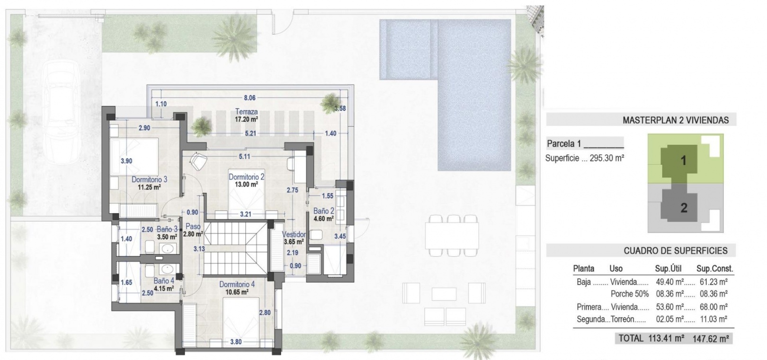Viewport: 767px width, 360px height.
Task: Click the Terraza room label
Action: pyautogui.click(x=247, y=112)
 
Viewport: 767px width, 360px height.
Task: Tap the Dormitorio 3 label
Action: pyautogui.click(x=149, y=180)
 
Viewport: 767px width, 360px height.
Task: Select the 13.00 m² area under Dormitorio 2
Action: pyautogui.click(x=246, y=185)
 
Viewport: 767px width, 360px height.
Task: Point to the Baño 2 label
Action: pyautogui.click(x=323, y=211)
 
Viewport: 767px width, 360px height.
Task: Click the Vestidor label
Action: pyautogui.click(x=294, y=234)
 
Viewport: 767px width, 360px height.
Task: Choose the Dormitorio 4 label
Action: pyautogui.click(x=237, y=284)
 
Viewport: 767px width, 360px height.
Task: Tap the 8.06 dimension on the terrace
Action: pyautogui.click(x=250, y=98)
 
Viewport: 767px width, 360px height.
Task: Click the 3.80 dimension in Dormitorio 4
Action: pyautogui.click(x=236, y=342)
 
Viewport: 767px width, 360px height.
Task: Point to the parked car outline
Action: pyautogui.click(x=62, y=112)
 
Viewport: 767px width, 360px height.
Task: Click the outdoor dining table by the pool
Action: pyautogui.click(x=452, y=236)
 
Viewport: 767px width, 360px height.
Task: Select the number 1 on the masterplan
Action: pyautogui.click(x=684, y=160)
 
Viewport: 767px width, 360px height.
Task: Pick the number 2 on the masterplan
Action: pyautogui.click(x=684, y=207)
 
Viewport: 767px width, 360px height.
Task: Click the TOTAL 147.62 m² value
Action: pyautogui.click(x=711, y=339)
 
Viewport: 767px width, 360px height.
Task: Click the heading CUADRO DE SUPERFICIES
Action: pyautogui.click(x=676, y=251)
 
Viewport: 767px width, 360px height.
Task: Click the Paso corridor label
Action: pyautogui.click(x=193, y=226)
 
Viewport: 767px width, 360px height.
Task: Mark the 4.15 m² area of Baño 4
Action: pyautogui.click(x=164, y=288)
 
